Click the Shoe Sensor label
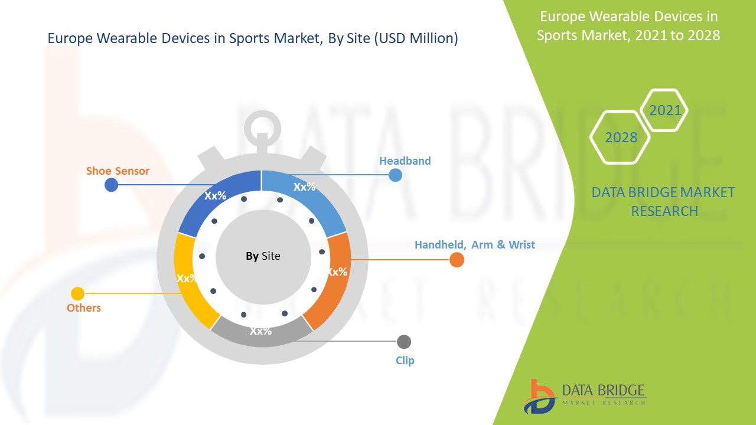coord(118,171)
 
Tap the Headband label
coord(405,161)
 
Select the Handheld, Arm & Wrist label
coord(474,244)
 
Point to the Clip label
coord(405,360)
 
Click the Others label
coord(83,308)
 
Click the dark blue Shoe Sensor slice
coord(216,198)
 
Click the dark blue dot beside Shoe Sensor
coord(111,185)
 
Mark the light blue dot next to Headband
coord(395,175)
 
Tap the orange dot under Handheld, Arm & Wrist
coord(457,260)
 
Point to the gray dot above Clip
coord(404,342)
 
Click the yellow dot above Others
coord(77,293)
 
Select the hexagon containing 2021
coord(664,110)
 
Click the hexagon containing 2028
coord(620,138)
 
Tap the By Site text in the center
coord(263,256)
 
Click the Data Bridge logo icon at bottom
coord(539,396)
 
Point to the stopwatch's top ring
coord(260,125)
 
